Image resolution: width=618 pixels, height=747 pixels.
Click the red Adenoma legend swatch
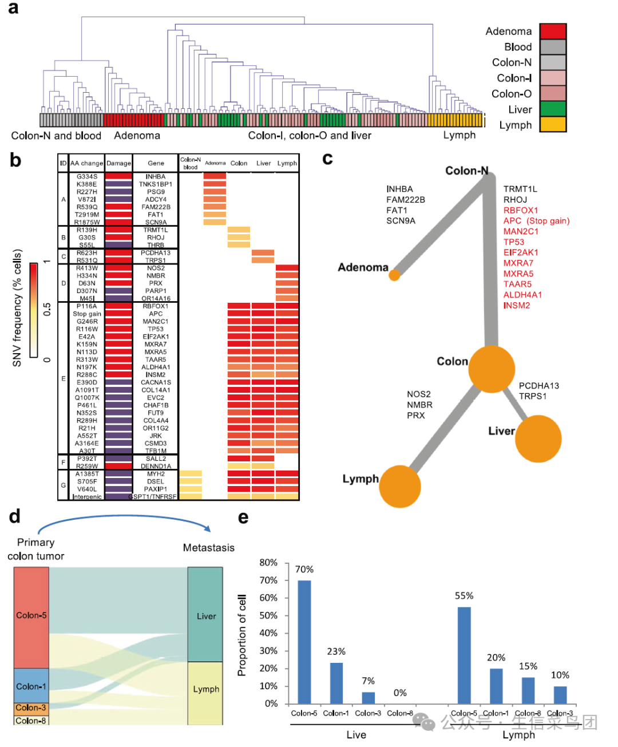(553, 31)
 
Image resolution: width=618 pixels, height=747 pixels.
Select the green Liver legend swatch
(553, 109)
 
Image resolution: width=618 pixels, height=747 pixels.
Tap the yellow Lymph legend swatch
(553, 124)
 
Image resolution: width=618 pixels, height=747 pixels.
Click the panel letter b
(15, 160)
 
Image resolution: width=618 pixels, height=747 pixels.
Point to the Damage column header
(118, 163)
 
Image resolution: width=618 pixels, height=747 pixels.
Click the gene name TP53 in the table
(156, 329)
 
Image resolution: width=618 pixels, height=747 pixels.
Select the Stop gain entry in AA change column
(87, 314)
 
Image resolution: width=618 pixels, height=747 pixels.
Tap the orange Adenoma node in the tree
(394, 275)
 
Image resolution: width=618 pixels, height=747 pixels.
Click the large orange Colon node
(492, 369)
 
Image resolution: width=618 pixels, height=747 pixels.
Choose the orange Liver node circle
(538, 438)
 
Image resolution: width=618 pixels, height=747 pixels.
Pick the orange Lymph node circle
(399, 487)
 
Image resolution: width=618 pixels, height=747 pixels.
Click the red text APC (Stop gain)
(536, 221)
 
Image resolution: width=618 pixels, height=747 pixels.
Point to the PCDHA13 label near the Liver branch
(538, 386)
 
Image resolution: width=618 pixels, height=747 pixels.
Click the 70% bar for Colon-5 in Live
(304, 642)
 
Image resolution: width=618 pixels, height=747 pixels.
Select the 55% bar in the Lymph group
(464, 655)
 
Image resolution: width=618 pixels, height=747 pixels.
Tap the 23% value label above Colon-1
(336, 651)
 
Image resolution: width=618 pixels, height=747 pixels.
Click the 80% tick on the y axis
(268, 563)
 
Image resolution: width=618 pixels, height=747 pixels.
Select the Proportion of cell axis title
(242, 635)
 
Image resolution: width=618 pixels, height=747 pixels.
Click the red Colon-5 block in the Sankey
(31, 617)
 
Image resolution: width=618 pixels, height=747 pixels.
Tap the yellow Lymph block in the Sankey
(205, 693)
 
